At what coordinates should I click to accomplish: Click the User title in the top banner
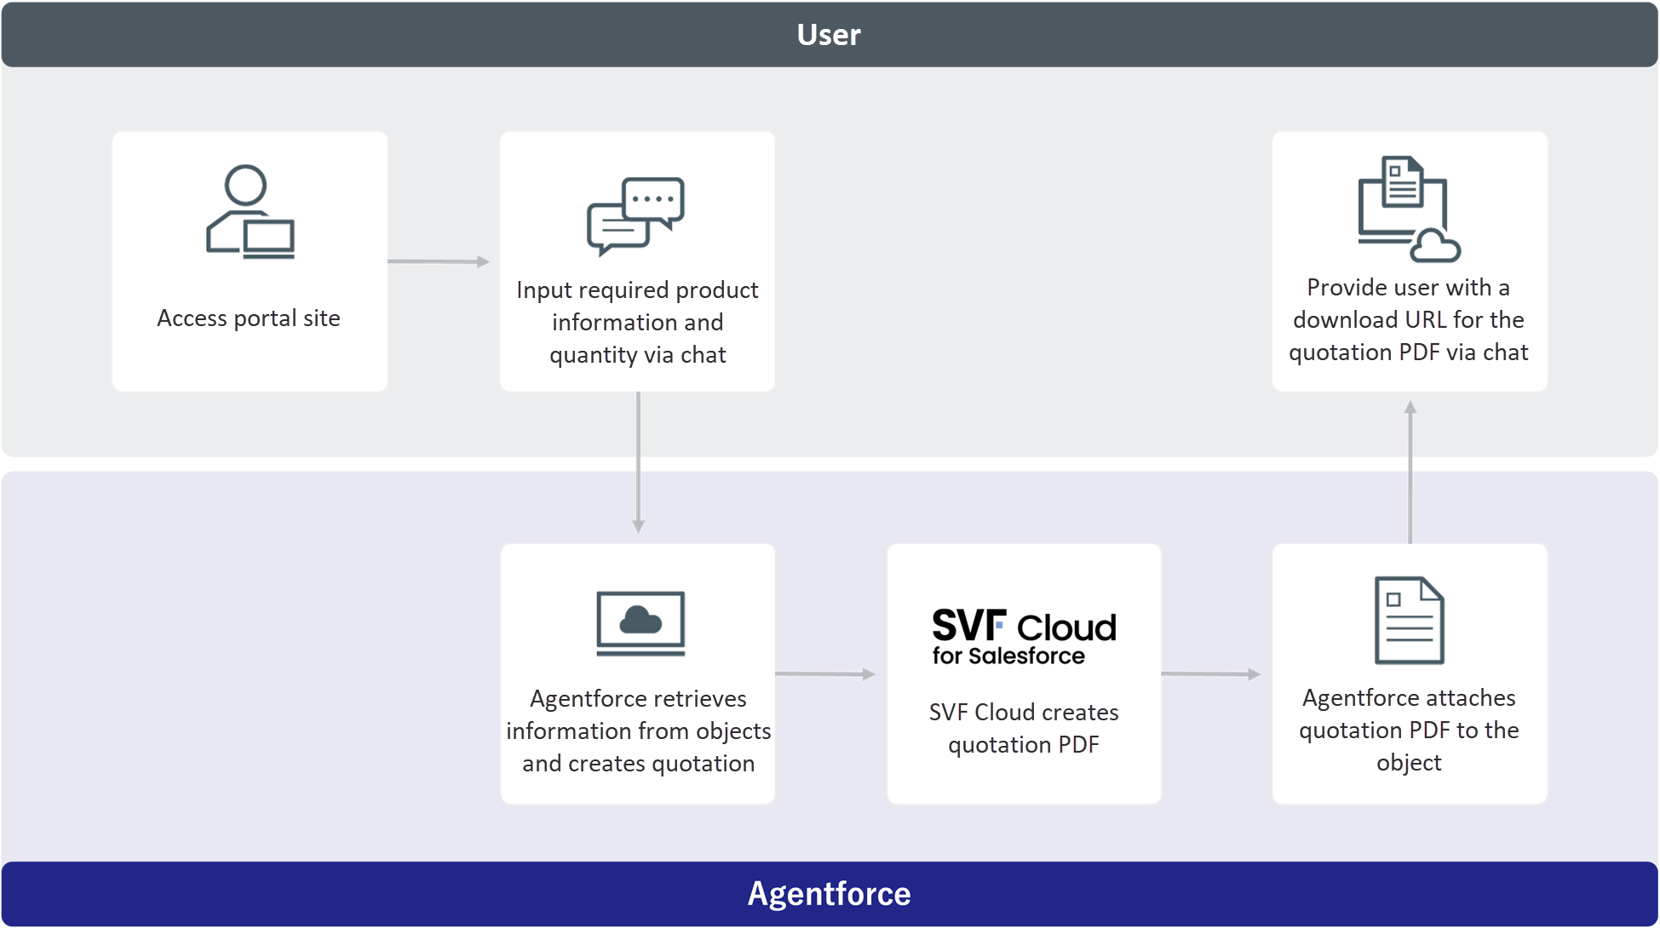point(829,34)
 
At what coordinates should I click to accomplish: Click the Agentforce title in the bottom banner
point(829,894)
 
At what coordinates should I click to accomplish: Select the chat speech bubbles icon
point(635,216)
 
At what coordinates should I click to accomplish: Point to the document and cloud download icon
point(1409,209)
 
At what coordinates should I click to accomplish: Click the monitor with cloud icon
point(640,623)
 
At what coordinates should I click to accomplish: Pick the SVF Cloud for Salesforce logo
point(1024,636)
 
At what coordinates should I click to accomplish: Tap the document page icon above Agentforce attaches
point(1410,620)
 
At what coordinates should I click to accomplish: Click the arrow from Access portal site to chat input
point(439,261)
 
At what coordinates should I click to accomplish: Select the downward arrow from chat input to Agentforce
point(638,462)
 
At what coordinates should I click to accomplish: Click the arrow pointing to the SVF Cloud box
point(825,673)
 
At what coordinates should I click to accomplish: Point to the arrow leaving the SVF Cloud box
point(1211,673)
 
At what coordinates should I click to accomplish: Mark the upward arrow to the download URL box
point(1410,472)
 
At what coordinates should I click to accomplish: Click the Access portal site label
point(249,318)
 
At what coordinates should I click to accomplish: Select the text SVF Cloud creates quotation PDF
point(1024,729)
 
